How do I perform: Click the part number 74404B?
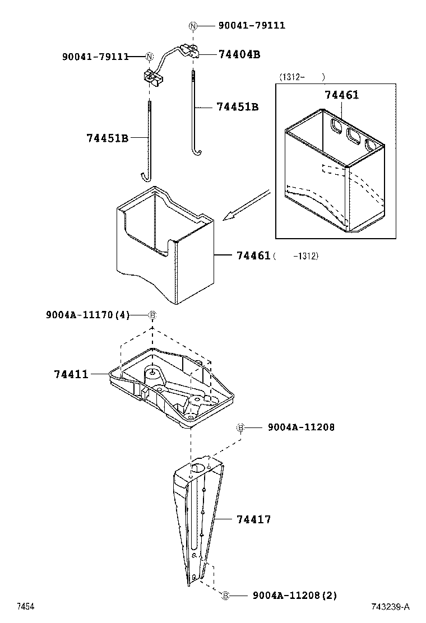point(239,54)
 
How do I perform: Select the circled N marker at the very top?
point(193,26)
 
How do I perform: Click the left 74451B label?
point(108,138)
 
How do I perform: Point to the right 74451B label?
point(237,106)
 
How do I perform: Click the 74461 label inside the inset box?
point(341,95)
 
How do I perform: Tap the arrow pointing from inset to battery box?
point(247,204)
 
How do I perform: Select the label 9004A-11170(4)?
point(87,315)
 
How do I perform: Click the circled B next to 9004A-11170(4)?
point(152,315)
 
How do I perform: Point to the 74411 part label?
point(72,374)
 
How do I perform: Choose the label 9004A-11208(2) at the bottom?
point(295,595)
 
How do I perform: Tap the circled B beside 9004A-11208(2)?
point(225,595)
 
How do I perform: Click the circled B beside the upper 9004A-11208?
point(240,427)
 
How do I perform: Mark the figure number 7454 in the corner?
point(25,607)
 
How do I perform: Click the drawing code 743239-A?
point(390,607)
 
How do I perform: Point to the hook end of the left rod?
point(145,178)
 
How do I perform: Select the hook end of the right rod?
point(196,152)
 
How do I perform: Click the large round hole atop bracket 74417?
point(198,467)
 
